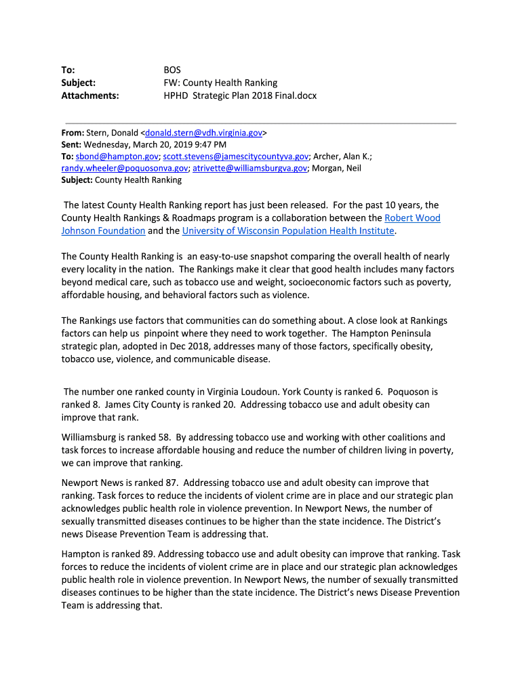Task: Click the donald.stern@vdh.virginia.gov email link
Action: pyautogui.click(x=203, y=132)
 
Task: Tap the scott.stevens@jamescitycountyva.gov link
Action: pyautogui.click(x=236, y=156)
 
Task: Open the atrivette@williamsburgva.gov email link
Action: pyautogui.click(x=249, y=168)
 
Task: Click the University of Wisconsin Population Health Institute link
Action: pyautogui.click(x=288, y=230)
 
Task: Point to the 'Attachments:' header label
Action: pyautogui.click(x=90, y=96)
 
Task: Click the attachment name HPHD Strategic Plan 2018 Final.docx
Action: pyautogui.click(x=240, y=96)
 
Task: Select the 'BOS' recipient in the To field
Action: pyautogui.click(x=172, y=70)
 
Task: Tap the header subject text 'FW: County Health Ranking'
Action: pyautogui.click(x=220, y=83)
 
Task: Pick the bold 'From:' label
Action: pyautogui.click(x=73, y=132)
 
